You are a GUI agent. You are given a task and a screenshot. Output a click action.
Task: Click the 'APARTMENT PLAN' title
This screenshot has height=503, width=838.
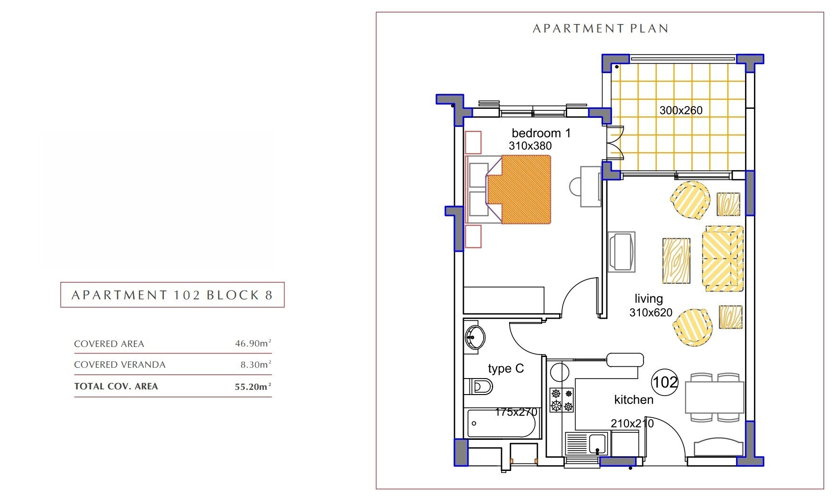point(600,29)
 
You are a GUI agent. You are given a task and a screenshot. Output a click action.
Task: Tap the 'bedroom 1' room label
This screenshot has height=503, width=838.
point(541,133)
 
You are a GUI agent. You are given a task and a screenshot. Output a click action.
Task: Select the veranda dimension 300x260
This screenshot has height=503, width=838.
point(681,110)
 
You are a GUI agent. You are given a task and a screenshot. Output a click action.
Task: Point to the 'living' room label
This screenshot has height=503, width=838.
point(648,299)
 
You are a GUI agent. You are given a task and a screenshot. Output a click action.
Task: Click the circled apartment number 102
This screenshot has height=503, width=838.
point(665,382)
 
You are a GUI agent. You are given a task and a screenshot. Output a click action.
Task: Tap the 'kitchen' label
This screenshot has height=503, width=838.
point(634,400)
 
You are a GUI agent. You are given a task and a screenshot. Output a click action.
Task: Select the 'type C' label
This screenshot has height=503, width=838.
point(506,369)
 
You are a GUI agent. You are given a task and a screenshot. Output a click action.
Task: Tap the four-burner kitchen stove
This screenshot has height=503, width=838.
point(561,400)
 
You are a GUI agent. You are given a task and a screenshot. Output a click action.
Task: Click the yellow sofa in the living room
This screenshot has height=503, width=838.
point(723,258)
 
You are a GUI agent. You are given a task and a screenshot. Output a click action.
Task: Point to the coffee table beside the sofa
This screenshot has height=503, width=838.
point(676,261)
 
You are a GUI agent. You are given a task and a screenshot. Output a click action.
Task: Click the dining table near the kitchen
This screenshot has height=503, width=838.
point(714,397)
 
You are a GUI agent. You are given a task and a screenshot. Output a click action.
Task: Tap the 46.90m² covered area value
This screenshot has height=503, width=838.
point(253,343)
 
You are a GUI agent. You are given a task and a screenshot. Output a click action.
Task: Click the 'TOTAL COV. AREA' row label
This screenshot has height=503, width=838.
point(116,386)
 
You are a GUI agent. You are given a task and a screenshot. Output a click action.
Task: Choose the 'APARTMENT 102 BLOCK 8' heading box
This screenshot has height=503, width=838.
point(172,295)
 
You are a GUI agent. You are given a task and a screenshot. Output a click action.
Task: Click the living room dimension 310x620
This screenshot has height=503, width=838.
point(651,313)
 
